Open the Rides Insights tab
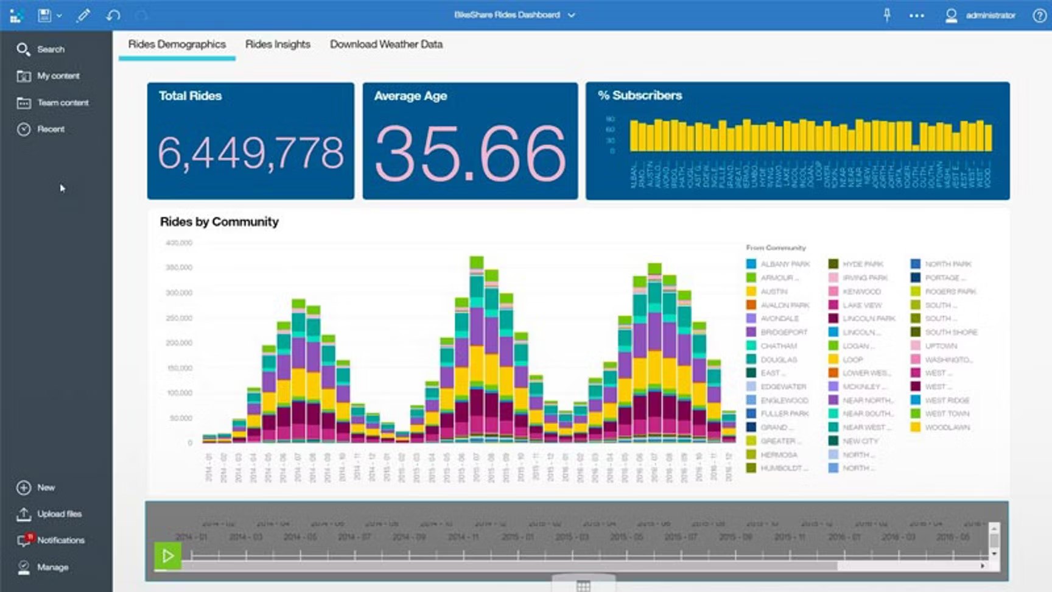tap(278, 44)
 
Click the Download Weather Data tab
tap(386, 44)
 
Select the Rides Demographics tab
tap(177, 44)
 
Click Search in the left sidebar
tap(50, 49)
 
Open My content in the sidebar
tap(58, 76)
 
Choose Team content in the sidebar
tap(62, 103)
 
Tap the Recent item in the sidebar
tap(51, 129)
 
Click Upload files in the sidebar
tap(59, 514)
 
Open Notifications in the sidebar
tap(60, 540)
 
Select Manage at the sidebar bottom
tap(52, 567)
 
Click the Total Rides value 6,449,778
tap(250, 152)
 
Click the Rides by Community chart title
tap(219, 222)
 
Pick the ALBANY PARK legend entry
tap(785, 264)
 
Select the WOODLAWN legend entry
tap(947, 428)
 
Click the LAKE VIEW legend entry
tap(861, 305)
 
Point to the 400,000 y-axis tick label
tap(179, 243)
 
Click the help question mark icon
tap(1039, 16)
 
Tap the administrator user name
tap(990, 16)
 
